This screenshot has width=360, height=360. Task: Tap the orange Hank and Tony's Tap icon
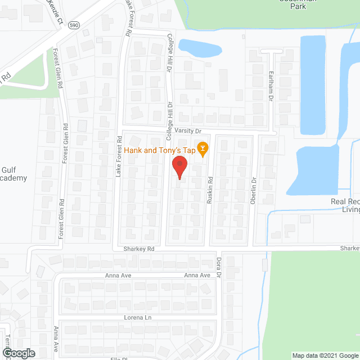(204, 149)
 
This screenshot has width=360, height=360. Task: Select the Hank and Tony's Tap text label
(159, 150)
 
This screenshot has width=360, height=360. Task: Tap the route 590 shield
(74, 25)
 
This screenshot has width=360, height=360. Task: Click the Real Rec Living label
(344, 206)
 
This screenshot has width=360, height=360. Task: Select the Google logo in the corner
(18, 353)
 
